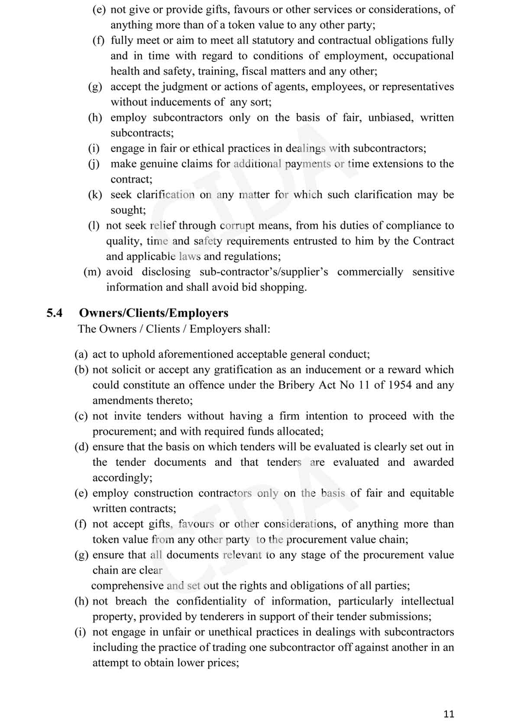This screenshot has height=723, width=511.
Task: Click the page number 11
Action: (x=449, y=714)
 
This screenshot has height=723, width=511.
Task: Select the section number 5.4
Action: (x=55, y=313)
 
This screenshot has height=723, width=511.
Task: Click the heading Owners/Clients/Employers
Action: (x=153, y=313)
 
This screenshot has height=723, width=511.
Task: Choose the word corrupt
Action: (x=237, y=226)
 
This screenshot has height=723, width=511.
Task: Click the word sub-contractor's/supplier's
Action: (x=264, y=272)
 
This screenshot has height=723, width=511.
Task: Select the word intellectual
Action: (x=427, y=601)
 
